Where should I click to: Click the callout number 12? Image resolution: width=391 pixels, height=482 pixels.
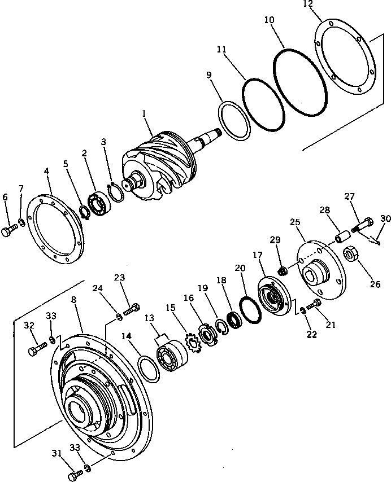click(323, 5)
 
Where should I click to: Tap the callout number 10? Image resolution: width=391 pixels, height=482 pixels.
click(270, 20)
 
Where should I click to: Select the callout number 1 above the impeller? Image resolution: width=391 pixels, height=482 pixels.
click(144, 113)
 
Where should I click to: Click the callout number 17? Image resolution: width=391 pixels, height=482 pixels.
click(258, 256)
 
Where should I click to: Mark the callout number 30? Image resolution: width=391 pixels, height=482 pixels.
click(385, 218)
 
